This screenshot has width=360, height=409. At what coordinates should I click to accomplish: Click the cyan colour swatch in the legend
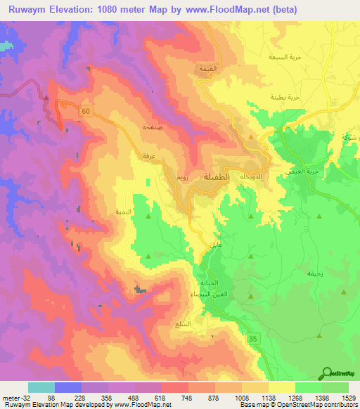41,387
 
